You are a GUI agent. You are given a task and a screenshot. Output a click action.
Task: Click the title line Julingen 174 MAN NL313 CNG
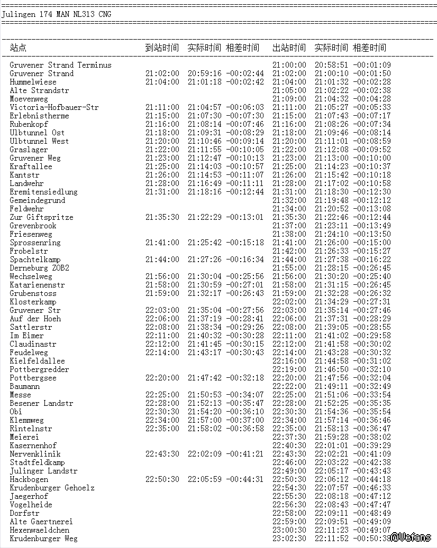(57, 14)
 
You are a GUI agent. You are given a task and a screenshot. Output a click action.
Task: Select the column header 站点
(18, 48)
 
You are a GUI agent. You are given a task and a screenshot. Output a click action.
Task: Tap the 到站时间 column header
(162, 48)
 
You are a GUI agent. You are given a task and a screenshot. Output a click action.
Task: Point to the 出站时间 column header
(289, 48)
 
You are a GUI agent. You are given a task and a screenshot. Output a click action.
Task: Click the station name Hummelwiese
(33, 82)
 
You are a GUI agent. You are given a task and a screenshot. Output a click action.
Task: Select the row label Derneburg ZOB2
(39, 268)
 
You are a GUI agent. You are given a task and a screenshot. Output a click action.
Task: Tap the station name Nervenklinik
(35, 454)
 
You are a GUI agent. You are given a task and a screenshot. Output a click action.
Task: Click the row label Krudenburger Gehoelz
(52, 488)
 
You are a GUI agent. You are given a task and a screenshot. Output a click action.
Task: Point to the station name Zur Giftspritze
(41, 217)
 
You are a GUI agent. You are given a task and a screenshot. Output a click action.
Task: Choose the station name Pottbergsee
(33, 378)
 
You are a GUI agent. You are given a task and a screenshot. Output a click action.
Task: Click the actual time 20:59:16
(204, 73)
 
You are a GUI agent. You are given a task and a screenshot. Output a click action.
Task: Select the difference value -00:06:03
(244, 107)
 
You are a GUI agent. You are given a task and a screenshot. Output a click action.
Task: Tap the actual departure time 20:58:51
(331, 65)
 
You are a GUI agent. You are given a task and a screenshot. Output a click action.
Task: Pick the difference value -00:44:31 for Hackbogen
(244, 479)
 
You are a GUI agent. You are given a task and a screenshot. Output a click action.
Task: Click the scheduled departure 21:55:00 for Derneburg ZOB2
(289, 268)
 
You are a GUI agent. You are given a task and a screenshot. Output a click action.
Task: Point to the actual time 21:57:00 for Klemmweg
(204, 420)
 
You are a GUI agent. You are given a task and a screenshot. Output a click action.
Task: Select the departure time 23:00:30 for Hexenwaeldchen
(289, 530)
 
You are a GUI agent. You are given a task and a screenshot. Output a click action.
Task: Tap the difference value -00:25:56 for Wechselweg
(244, 276)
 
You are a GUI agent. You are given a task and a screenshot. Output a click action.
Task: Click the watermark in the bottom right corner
(411, 537)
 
